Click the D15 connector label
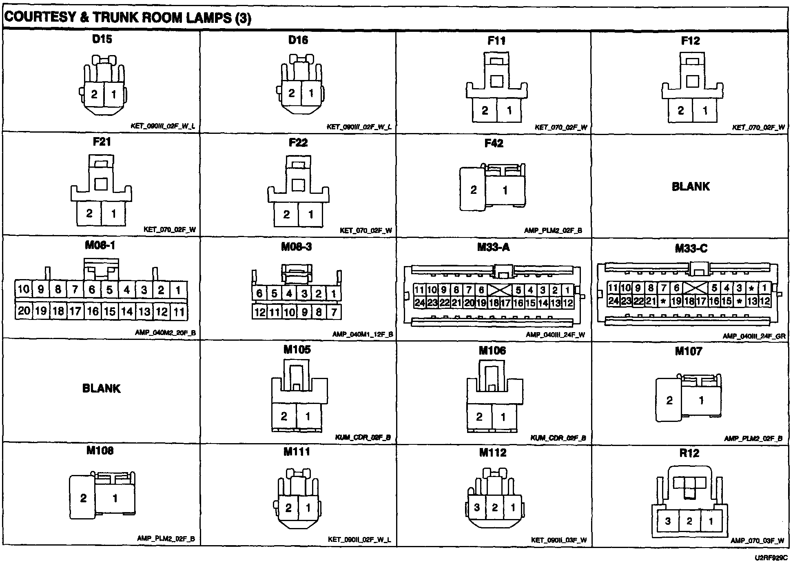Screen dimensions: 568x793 102,40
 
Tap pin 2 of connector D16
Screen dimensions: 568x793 291,93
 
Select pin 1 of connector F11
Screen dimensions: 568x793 509,110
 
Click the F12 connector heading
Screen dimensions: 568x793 690,41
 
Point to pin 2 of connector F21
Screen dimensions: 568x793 89,213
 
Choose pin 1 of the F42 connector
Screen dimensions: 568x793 505,190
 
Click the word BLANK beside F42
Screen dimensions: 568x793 691,186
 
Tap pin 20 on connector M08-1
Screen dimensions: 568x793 24,311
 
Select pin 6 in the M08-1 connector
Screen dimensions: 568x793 92,290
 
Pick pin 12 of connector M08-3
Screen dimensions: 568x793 260,313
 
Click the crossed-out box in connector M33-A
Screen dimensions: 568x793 500,290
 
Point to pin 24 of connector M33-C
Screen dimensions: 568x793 613,301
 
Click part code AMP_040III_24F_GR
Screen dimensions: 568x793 754,336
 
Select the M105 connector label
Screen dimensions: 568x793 297,350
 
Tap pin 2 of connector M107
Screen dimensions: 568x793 669,400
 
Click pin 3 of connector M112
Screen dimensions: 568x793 477,508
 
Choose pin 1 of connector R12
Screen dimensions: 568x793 711,521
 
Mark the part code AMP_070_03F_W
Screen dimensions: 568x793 757,541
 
